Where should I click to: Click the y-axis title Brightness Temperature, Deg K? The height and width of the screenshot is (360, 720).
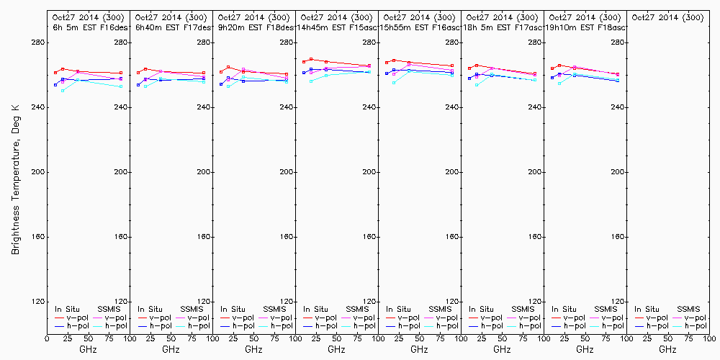tap(14, 179)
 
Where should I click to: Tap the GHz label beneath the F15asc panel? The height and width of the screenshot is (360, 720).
tap(336, 349)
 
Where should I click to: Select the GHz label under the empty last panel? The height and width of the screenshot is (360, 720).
tap(667, 349)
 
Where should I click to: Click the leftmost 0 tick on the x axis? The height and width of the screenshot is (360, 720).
tap(47, 338)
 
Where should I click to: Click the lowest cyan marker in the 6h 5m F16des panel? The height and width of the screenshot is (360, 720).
tap(63, 91)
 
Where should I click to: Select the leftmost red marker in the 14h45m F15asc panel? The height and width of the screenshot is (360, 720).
tap(303, 61)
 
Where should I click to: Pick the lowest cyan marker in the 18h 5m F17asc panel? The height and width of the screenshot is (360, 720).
tap(477, 85)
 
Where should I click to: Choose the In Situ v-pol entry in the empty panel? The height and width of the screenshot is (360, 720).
tap(651, 318)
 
